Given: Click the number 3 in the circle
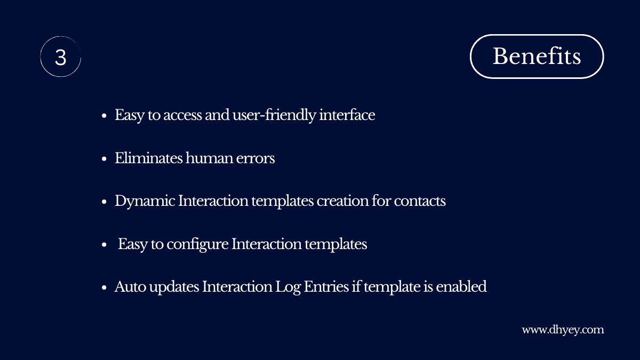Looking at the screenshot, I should coord(60,57).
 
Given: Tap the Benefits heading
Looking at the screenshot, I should coord(537,56).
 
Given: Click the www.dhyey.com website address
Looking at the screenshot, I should coord(563,330).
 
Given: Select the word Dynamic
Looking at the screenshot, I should coord(145,202).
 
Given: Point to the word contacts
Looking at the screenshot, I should coord(420,202).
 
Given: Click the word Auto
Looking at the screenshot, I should coord(128,287).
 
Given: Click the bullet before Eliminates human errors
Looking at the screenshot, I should coord(105,159).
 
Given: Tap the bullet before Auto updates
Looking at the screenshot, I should coord(105,288).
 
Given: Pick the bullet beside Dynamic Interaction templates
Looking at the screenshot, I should coord(105,202).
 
